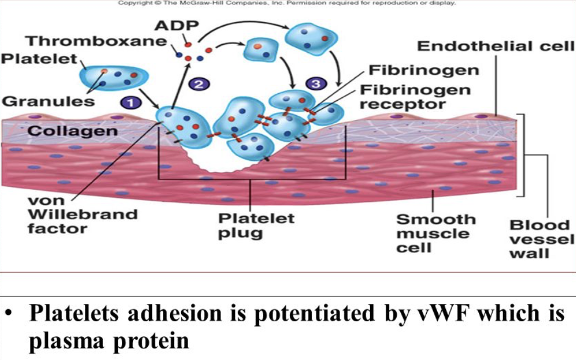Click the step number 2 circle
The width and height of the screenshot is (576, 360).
pyautogui.click(x=198, y=84)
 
